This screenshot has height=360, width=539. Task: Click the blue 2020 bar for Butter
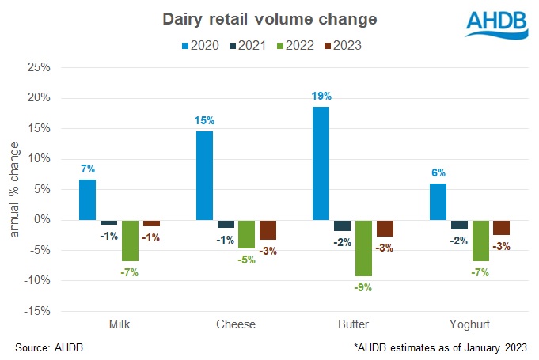(x=321, y=163)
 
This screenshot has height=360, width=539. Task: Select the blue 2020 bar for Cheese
(x=204, y=175)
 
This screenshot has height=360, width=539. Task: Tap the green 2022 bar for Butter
(x=363, y=248)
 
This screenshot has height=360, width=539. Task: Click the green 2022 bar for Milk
(x=130, y=240)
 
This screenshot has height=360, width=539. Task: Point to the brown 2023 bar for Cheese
(x=268, y=229)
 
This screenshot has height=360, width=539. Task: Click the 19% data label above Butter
(x=321, y=96)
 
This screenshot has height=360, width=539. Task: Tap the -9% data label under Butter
(x=363, y=286)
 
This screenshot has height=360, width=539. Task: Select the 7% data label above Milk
(x=87, y=169)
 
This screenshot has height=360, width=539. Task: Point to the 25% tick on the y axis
(x=39, y=68)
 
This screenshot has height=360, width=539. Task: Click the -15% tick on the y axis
(x=37, y=311)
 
